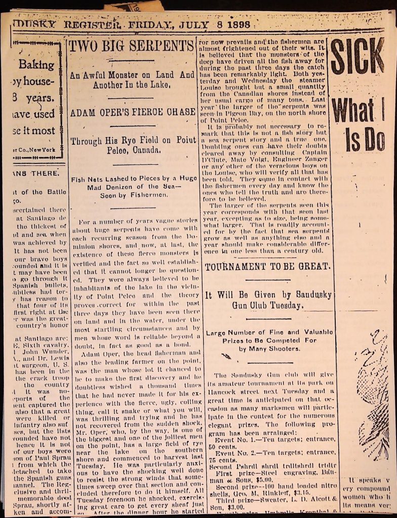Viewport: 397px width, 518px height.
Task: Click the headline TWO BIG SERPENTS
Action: click(x=131, y=46)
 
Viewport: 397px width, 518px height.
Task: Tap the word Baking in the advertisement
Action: click(x=37, y=65)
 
